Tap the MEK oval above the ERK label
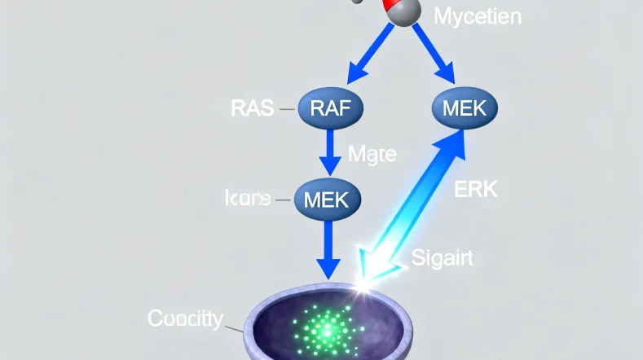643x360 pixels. (x=463, y=108)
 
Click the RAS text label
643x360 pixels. (x=253, y=108)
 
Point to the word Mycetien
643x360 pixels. (x=477, y=16)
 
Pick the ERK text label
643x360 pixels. (x=474, y=190)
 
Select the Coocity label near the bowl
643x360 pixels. (x=184, y=318)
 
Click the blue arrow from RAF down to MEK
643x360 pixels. (x=330, y=152)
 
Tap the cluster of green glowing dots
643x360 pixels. (x=326, y=329)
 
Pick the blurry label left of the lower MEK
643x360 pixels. (x=247, y=198)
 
